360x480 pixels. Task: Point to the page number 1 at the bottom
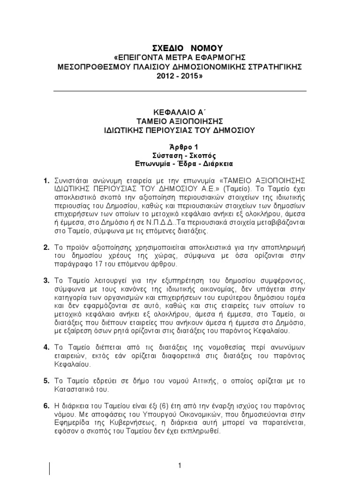coord(180,465)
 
